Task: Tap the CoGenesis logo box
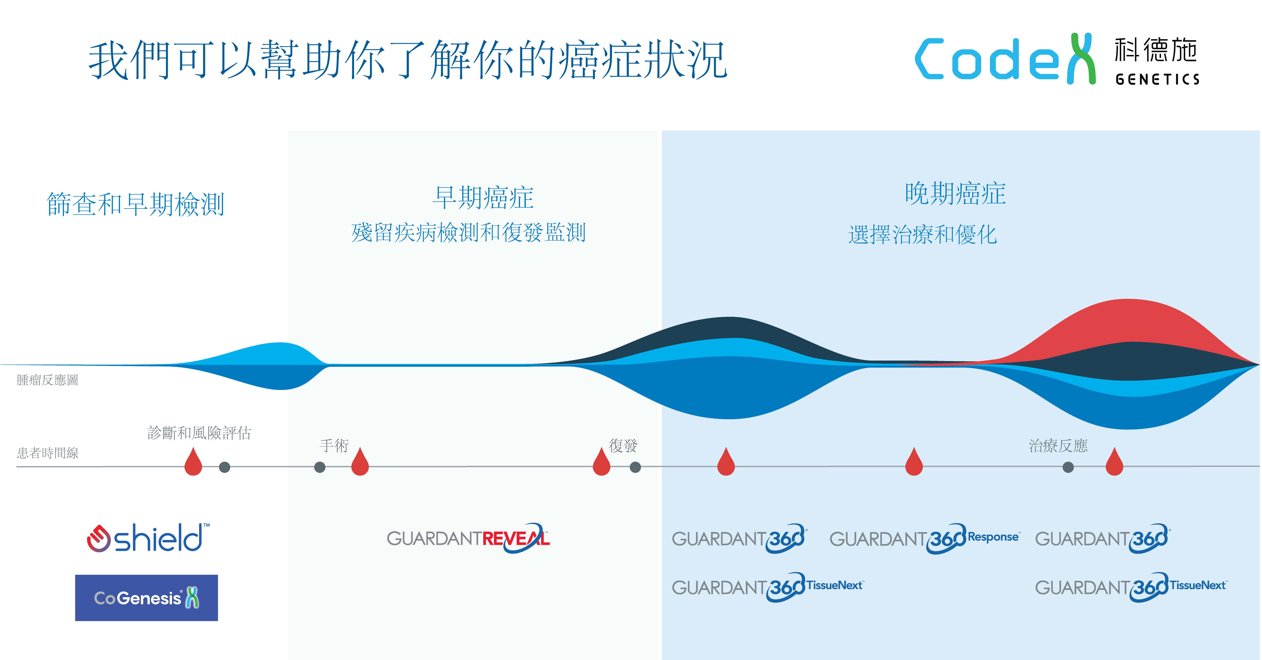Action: [146, 598]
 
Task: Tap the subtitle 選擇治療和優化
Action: [923, 234]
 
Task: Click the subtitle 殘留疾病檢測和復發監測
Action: [468, 232]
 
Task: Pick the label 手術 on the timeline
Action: [334, 446]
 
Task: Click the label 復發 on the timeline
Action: [623, 446]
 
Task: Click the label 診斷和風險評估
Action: [199, 433]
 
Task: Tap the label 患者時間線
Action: [48, 453]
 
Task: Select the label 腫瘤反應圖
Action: [48, 380]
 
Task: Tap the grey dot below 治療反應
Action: [1068, 467]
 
